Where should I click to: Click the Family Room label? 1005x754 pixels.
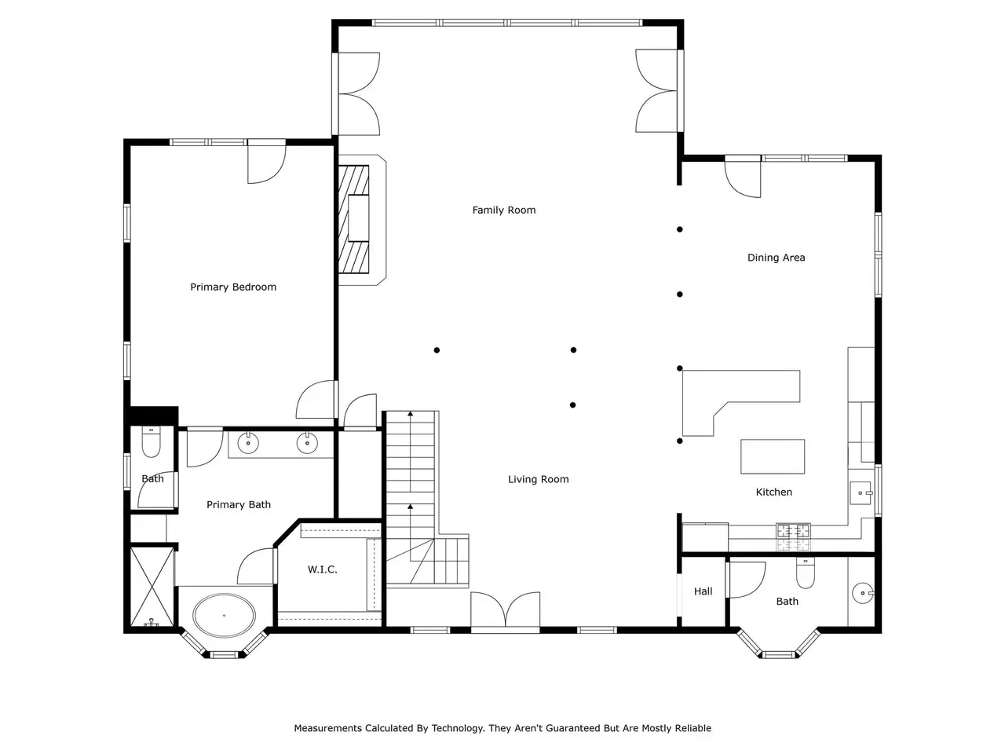point(503,210)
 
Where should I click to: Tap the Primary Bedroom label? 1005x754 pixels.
point(233,287)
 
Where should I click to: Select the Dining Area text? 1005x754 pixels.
point(776,258)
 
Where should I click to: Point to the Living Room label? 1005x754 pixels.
point(538,479)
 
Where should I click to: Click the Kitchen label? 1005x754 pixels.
point(774,492)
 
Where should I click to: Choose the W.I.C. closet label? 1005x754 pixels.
point(323,569)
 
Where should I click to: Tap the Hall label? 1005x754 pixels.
point(703,591)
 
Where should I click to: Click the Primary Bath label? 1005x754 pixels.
point(239,504)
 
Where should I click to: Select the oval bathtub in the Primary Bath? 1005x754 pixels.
point(224,615)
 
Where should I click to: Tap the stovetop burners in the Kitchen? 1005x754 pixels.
point(793,537)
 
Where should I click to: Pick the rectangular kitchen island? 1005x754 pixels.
point(773,456)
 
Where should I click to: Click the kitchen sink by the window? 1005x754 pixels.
point(861,493)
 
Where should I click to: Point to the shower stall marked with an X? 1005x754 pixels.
point(152,587)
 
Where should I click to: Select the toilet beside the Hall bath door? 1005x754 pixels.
point(806,573)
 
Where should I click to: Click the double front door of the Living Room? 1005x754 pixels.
point(505,610)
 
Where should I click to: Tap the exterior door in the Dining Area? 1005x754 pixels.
point(743,177)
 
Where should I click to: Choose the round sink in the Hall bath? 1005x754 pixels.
point(863,593)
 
